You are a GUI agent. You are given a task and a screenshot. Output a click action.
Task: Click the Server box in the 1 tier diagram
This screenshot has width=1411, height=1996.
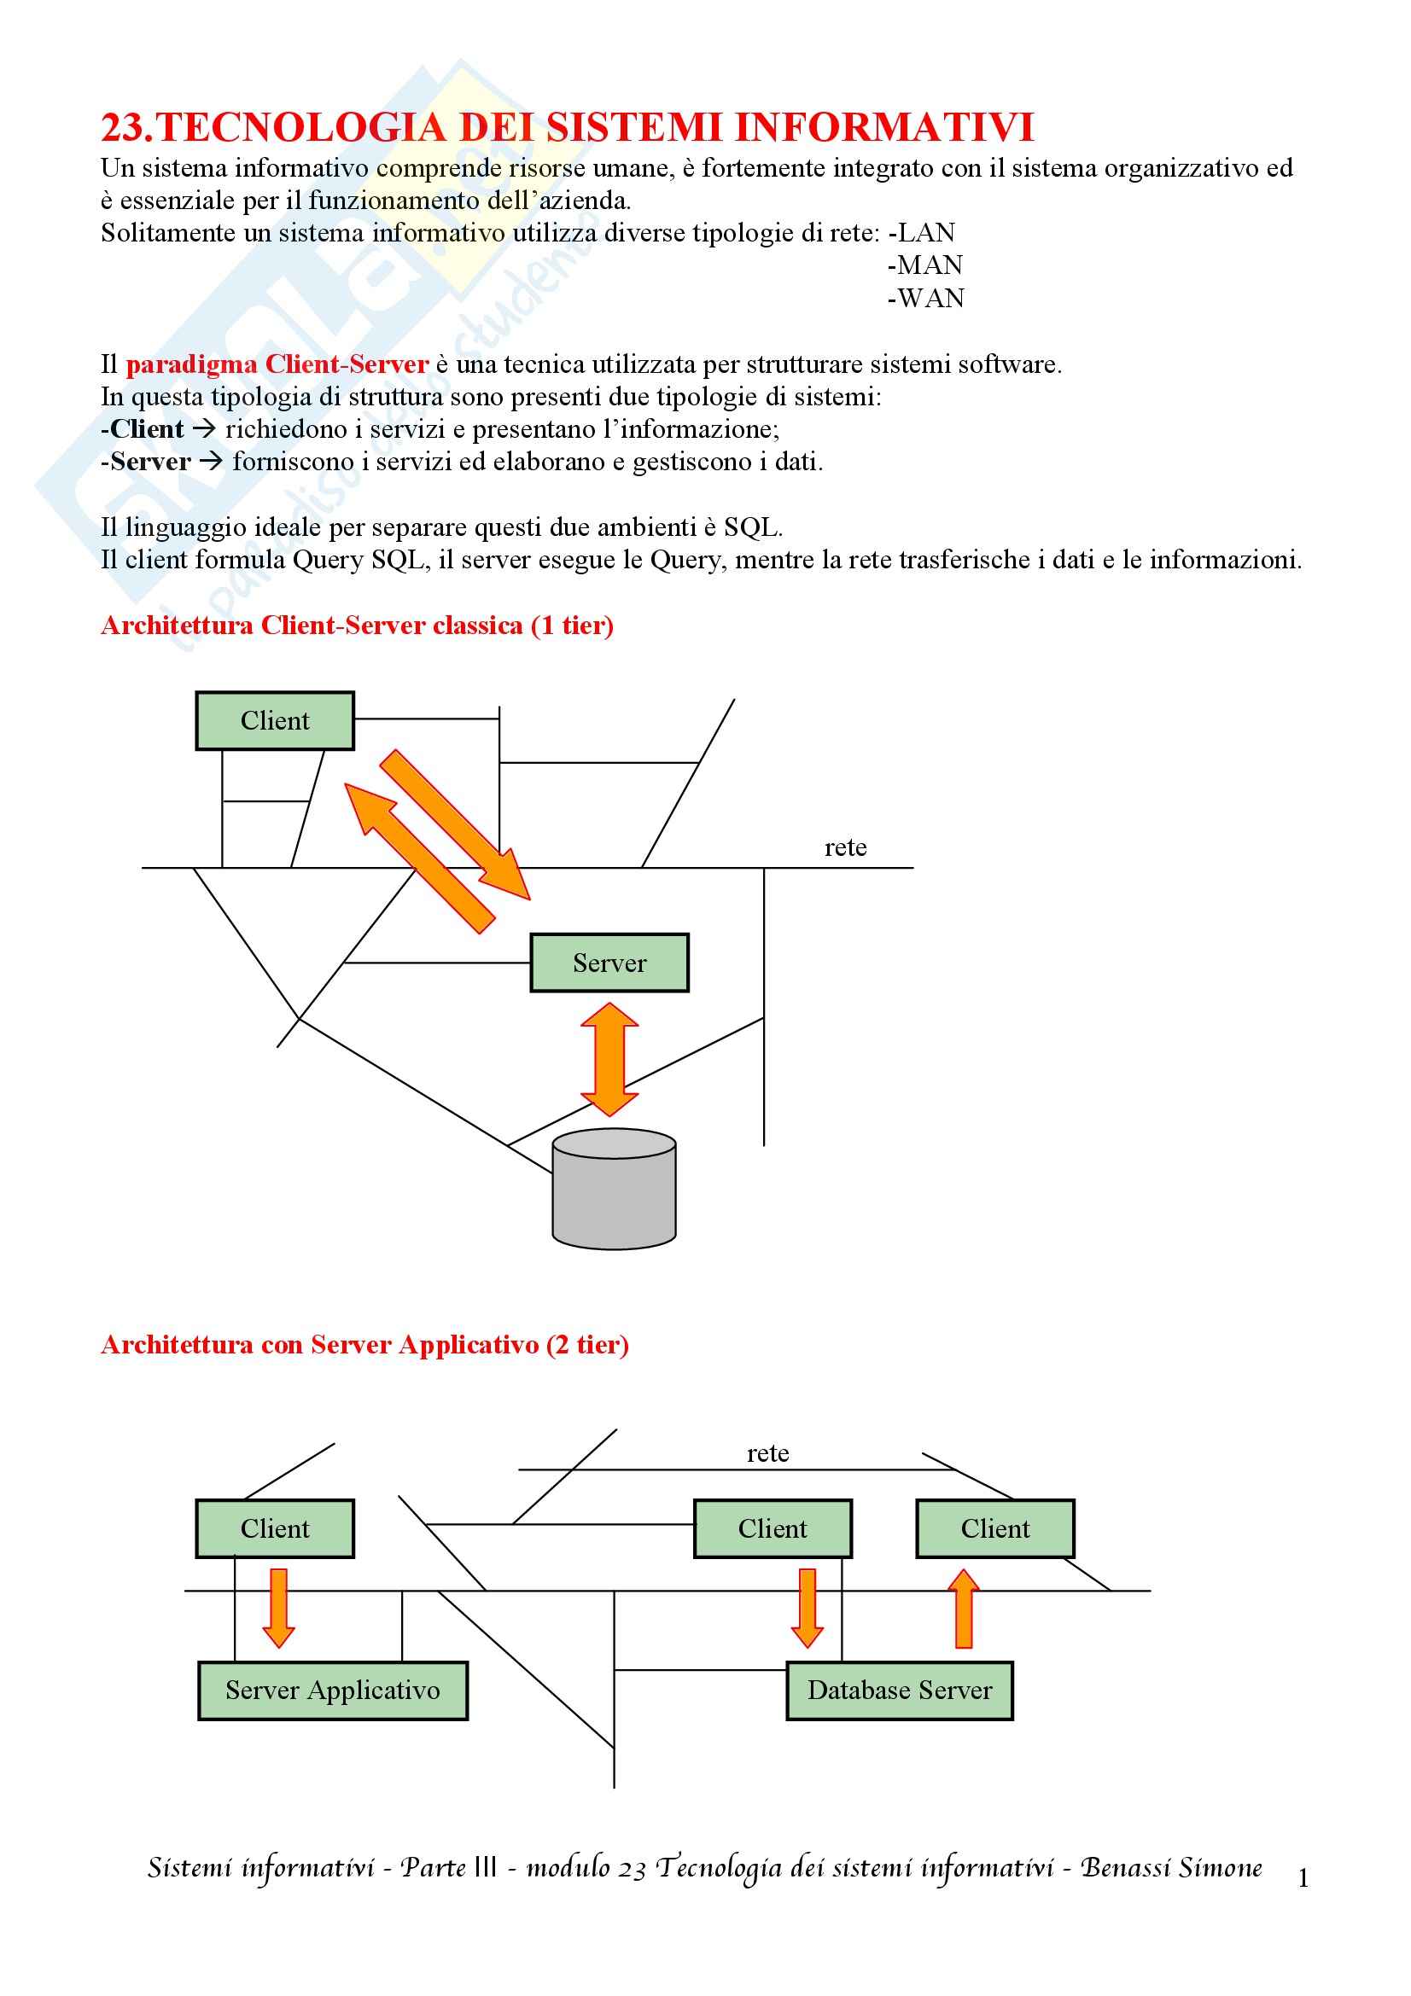[609, 963]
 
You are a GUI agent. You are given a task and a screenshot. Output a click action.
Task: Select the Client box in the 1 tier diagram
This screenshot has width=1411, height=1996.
[275, 721]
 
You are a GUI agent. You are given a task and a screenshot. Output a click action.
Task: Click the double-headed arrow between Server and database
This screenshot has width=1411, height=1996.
[609, 1058]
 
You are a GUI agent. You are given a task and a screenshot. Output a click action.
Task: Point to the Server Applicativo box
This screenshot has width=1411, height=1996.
[333, 1690]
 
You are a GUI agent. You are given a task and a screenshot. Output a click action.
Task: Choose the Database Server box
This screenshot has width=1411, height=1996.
[900, 1690]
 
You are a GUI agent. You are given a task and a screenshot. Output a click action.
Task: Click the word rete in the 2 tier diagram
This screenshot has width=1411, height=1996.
[767, 1453]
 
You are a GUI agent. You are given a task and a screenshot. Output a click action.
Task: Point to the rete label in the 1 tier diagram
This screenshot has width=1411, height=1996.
[845, 847]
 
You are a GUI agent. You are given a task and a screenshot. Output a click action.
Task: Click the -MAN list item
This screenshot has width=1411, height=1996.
[925, 265]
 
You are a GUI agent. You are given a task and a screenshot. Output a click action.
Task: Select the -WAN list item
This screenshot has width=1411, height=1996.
[926, 298]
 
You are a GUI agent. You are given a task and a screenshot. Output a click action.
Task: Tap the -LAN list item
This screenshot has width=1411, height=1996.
[922, 233]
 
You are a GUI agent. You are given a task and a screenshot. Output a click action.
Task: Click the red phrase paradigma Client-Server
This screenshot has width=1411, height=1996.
[277, 364]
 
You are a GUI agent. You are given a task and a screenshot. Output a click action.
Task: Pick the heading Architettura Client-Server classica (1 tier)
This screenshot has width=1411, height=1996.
[358, 626]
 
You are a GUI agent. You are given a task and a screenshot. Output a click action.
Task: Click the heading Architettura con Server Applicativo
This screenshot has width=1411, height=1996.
[364, 1345]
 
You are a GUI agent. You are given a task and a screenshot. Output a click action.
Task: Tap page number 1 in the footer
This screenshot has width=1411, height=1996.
[1303, 1878]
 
